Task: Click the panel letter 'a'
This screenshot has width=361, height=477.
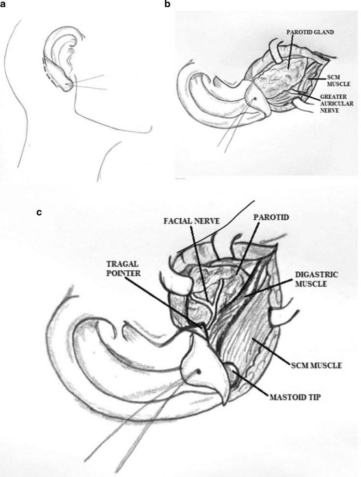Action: (x=5, y=6)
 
